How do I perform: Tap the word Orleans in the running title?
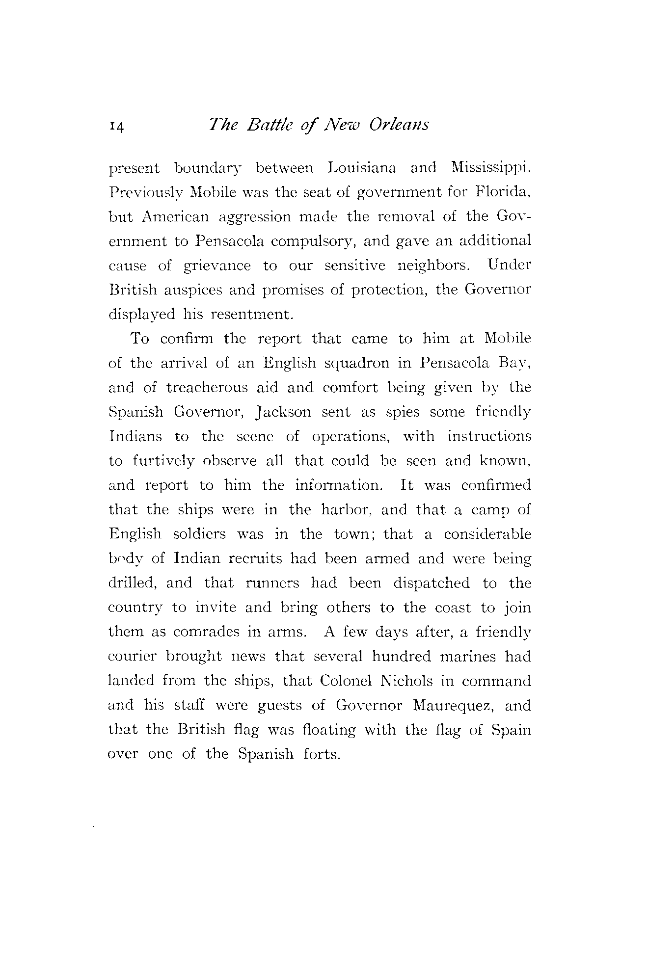pyautogui.click(x=399, y=125)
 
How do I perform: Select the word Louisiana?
pyautogui.click(x=361, y=168)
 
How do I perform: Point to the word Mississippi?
pyautogui.click(x=490, y=168)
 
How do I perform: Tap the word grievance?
pyautogui.click(x=216, y=266)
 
